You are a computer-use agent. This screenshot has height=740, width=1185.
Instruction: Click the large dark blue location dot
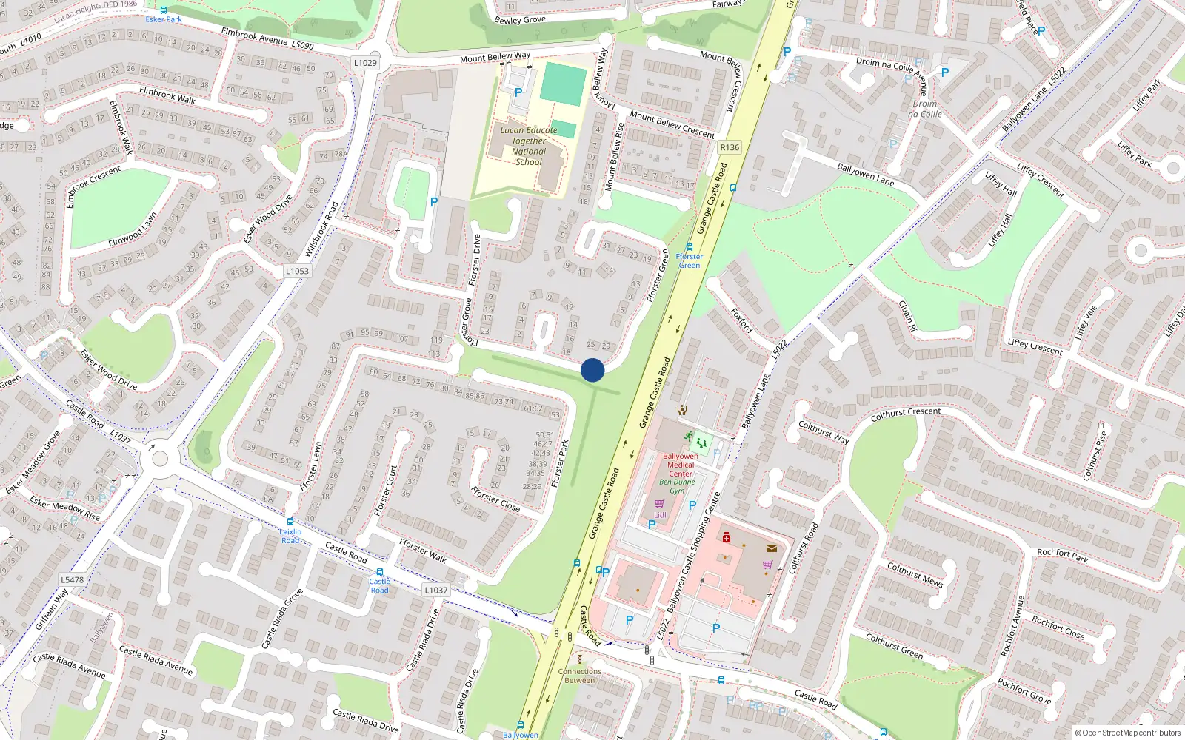click(x=592, y=370)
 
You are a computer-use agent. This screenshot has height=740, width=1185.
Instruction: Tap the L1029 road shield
click(x=365, y=63)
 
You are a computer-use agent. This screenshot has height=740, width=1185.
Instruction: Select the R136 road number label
click(x=730, y=147)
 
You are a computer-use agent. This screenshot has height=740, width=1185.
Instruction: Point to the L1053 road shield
click(x=297, y=271)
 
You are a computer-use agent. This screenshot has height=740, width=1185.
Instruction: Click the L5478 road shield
click(x=73, y=579)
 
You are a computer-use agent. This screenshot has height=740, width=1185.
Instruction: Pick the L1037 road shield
click(x=436, y=590)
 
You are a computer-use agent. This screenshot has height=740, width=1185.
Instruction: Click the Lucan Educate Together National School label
click(x=529, y=146)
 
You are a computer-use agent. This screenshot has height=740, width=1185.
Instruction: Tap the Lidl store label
click(x=660, y=515)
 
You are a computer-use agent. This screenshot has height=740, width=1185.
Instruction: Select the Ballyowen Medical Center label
click(x=681, y=465)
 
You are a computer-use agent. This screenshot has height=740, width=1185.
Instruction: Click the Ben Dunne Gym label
click(x=677, y=486)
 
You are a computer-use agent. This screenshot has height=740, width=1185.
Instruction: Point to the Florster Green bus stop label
click(x=690, y=260)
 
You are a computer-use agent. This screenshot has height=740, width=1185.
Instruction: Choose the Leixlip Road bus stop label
click(x=290, y=536)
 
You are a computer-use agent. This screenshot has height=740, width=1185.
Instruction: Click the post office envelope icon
click(x=772, y=548)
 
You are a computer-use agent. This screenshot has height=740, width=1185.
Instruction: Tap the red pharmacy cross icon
click(x=727, y=538)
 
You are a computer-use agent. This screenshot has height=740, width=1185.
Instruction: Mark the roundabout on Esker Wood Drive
click(x=159, y=459)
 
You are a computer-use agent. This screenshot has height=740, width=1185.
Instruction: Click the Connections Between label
click(x=580, y=676)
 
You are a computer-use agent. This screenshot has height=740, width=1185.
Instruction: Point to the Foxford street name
click(x=741, y=320)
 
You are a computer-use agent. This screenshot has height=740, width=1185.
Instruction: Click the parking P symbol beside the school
click(x=518, y=93)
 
